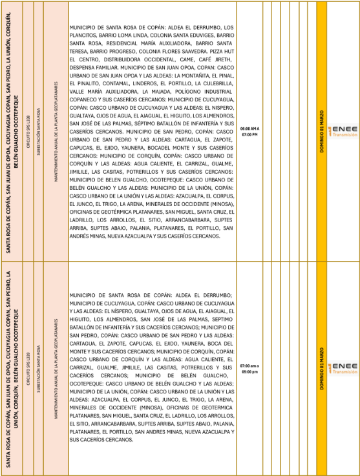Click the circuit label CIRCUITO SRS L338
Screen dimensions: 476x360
point(28,131)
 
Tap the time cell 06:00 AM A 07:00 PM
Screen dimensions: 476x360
point(249,132)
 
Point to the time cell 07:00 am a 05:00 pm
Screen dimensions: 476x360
point(249,368)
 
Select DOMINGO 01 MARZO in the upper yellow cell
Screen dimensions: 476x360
point(322,132)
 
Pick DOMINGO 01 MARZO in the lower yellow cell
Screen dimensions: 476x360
point(322,368)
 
